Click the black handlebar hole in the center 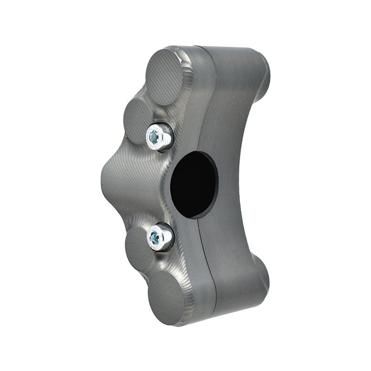click(x=194, y=184)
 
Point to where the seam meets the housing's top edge click(x=200, y=46)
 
